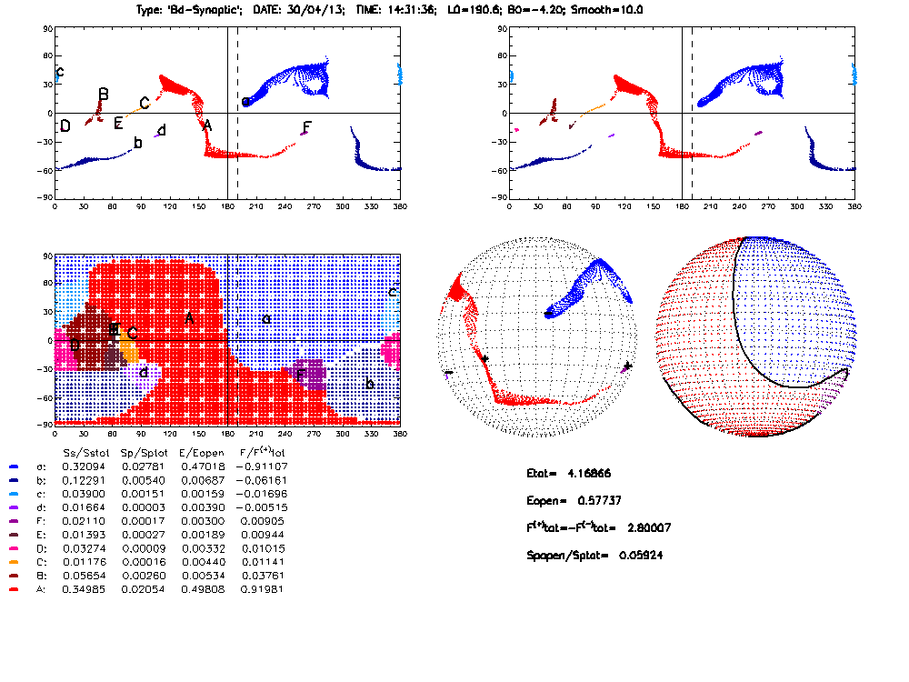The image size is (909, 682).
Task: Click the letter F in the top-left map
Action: [307, 126]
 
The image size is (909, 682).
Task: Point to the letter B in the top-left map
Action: [104, 95]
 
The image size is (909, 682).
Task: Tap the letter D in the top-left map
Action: [65, 125]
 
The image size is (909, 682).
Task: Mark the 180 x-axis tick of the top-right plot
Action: [682, 207]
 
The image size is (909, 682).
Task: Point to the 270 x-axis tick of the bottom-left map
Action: [314, 434]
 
